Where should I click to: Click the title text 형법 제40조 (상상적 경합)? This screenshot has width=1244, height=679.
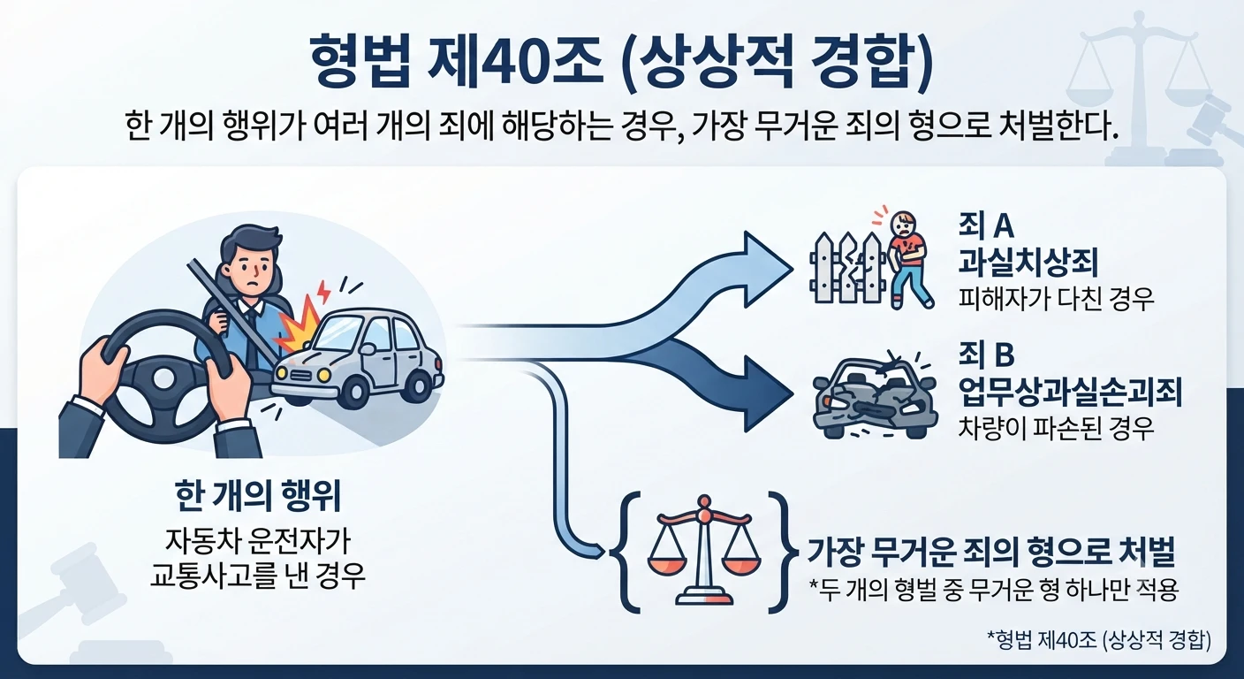click(621, 62)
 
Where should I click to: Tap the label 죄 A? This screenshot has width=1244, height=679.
click(986, 226)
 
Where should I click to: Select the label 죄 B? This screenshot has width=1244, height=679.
click(986, 355)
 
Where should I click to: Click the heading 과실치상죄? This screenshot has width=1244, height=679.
click(1028, 263)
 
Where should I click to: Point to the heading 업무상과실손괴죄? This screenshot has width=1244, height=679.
click(1070, 392)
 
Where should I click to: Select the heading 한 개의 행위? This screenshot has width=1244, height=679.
click(257, 496)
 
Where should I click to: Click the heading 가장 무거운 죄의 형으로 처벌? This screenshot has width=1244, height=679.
click(990, 552)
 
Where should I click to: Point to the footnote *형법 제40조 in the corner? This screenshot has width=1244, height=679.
click(1098, 640)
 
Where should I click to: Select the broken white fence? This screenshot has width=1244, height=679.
click(847, 270)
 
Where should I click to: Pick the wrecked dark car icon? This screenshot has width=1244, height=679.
click(876, 394)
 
